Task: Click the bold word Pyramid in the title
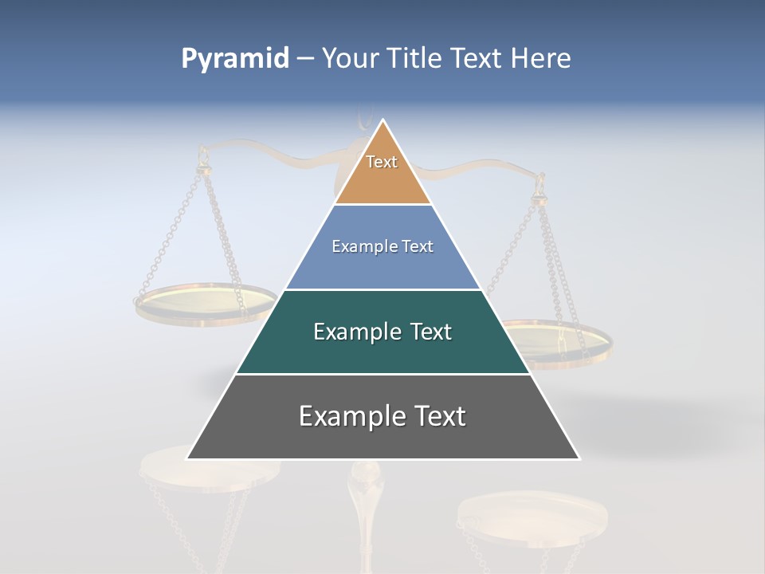pos(234,59)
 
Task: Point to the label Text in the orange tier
pos(382,162)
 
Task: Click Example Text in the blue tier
pos(382,246)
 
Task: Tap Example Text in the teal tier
pos(382,332)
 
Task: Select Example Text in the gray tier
pos(382,416)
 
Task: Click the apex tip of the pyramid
pos(383,121)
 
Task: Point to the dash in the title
pos(305,59)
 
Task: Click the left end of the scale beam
pos(202,149)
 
